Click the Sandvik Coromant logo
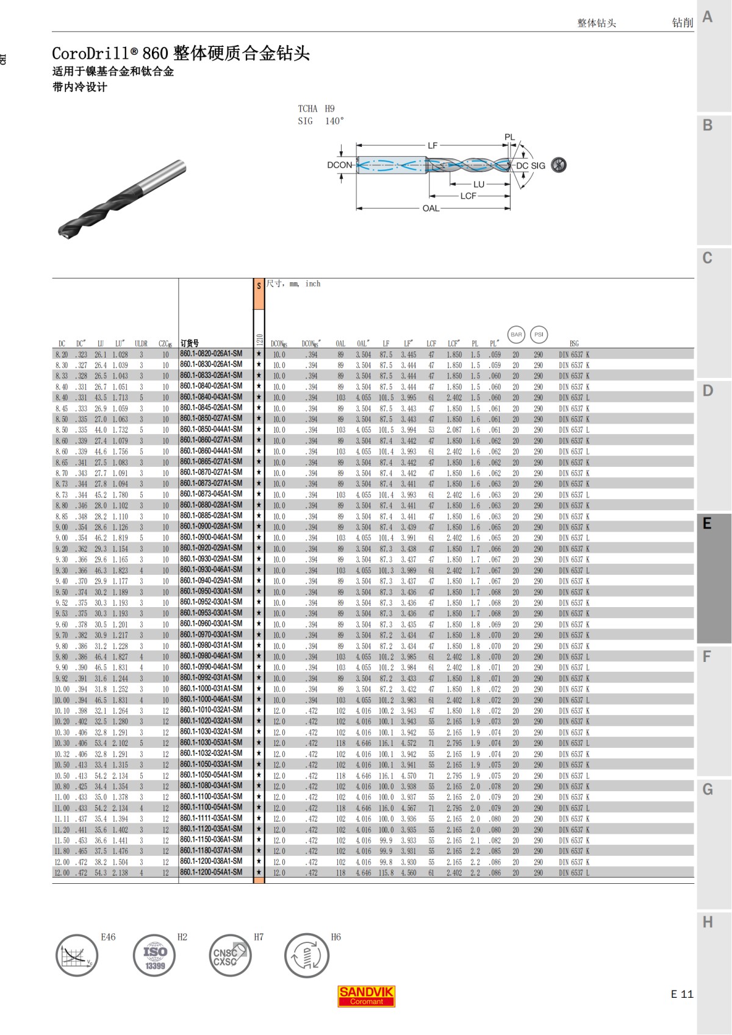click(x=366, y=995)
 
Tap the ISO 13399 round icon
click(x=154, y=956)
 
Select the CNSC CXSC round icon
click(x=230, y=956)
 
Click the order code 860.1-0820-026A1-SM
click(x=211, y=354)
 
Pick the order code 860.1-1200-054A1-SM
click(x=211, y=872)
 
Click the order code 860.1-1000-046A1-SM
click(x=211, y=700)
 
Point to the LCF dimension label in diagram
click(x=468, y=196)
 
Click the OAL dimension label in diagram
click(x=431, y=208)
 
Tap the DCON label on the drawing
click(x=340, y=165)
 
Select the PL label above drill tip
click(x=510, y=138)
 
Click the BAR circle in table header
click(x=516, y=335)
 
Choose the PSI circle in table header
click(x=539, y=335)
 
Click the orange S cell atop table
click(x=259, y=286)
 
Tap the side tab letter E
click(x=707, y=524)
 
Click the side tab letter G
click(x=708, y=789)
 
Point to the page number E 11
click(x=682, y=994)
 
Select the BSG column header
click(x=574, y=344)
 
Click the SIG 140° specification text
click(x=321, y=121)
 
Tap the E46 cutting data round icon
click(x=77, y=956)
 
